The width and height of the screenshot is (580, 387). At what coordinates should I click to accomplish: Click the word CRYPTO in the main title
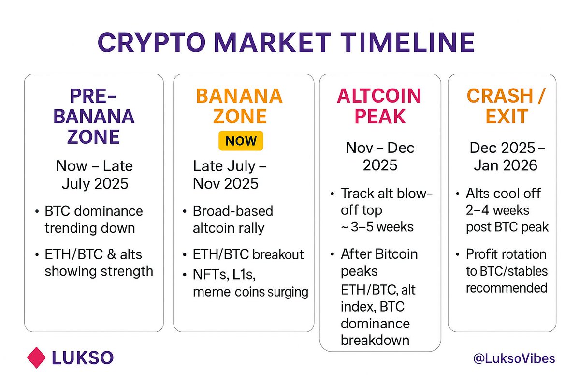tap(152, 43)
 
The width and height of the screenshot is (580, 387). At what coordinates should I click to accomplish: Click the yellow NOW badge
tap(241, 141)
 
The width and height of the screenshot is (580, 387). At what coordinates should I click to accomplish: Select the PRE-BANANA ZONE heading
tap(94, 117)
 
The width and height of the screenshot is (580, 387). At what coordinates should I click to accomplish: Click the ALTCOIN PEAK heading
tap(379, 106)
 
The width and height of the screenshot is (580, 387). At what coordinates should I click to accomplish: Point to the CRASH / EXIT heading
tap(506, 106)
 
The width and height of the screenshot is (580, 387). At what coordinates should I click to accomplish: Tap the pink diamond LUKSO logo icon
tap(36, 357)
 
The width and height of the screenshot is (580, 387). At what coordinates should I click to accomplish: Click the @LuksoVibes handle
tap(514, 359)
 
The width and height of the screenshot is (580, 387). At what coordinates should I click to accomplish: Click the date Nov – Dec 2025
tap(380, 157)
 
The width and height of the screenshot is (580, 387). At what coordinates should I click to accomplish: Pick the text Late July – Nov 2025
tap(230, 175)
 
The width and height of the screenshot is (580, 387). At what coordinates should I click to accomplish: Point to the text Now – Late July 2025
tap(94, 175)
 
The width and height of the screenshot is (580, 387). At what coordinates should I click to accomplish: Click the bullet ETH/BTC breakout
tap(248, 254)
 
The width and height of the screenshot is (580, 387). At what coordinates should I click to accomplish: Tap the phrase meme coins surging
tap(250, 292)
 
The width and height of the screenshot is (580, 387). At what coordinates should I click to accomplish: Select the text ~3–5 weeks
tap(377, 227)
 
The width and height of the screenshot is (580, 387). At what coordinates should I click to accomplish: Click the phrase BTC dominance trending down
tap(93, 220)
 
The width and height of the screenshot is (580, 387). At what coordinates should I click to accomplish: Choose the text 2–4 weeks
tap(497, 210)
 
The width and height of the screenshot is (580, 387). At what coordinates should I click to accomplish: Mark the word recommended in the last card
tap(507, 288)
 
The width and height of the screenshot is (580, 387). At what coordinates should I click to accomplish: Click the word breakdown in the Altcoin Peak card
tap(375, 341)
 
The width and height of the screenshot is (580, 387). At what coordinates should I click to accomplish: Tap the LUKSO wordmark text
tap(83, 358)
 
